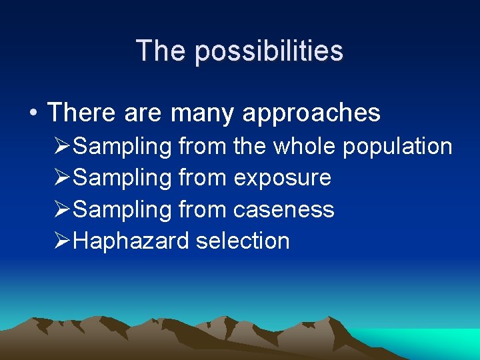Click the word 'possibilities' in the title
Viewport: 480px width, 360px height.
coord(269,51)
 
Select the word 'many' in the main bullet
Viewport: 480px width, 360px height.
coord(203,113)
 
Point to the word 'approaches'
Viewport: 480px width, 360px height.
coord(311,113)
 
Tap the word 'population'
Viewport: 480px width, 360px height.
coord(398,147)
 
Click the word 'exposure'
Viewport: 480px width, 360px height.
coord(282,178)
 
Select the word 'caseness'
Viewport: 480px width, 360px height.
coord(283,209)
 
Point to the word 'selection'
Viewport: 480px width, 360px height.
coord(243,241)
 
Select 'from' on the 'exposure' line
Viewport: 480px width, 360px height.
coord(203,177)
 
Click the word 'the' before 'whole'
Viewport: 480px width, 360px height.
coord(250,146)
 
